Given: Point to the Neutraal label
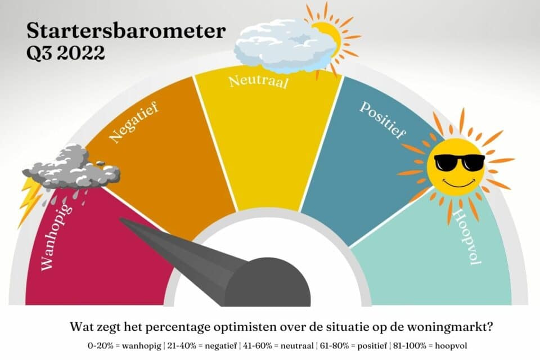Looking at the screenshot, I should pyautogui.click(x=258, y=82).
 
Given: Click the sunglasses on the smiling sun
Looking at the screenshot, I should pyautogui.click(x=459, y=162).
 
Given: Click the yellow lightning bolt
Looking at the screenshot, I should pyautogui.click(x=29, y=200).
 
